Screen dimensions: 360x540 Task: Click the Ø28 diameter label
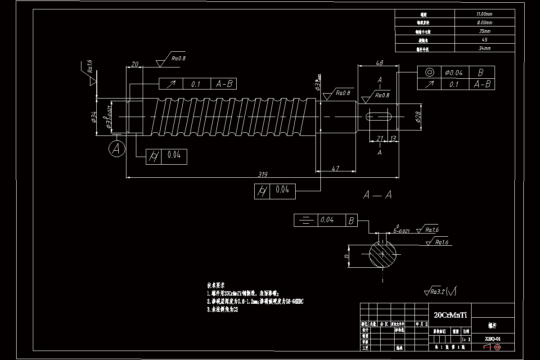pos(417,117)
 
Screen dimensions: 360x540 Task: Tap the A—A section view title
pos(377,195)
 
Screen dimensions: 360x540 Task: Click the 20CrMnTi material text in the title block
pos(450,315)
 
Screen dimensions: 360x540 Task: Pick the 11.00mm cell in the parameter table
pos(485,14)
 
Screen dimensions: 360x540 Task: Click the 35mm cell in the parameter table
pos(485,31)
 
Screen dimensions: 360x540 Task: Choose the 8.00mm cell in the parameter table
pos(485,22)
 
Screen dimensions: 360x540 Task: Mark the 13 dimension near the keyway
pos(393,139)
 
